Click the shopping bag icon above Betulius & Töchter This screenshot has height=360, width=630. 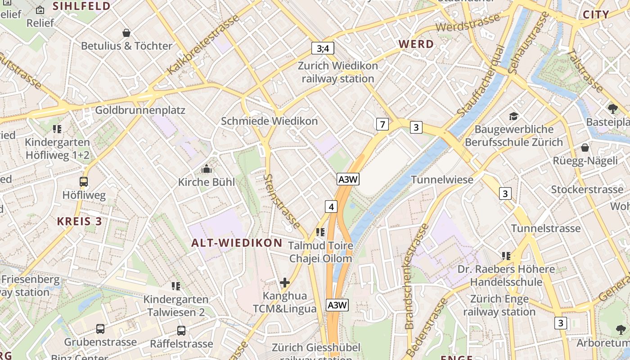[x=126, y=33]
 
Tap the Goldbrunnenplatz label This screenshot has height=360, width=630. [x=140, y=110]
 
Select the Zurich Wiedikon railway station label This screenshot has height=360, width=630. [x=337, y=72]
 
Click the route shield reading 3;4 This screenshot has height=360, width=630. [x=323, y=48]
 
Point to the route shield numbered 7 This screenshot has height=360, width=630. [x=382, y=124]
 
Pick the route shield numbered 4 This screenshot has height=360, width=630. [x=331, y=207]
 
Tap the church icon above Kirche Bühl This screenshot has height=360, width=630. [x=207, y=169]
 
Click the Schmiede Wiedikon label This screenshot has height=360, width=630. [x=269, y=121]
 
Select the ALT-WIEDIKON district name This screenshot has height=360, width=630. [x=237, y=243]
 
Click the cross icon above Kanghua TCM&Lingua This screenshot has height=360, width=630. [x=284, y=283]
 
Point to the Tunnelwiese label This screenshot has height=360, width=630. [x=442, y=180]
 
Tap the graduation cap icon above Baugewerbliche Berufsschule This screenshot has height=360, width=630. [x=513, y=117]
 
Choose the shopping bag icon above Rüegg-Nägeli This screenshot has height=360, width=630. [x=585, y=148]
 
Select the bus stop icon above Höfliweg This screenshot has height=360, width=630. [x=84, y=182]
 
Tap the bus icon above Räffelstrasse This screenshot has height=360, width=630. [x=181, y=331]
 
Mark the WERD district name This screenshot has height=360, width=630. [x=416, y=44]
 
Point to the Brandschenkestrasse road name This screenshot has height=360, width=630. [x=416, y=275]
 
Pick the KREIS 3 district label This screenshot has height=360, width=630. [x=79, y=221]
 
